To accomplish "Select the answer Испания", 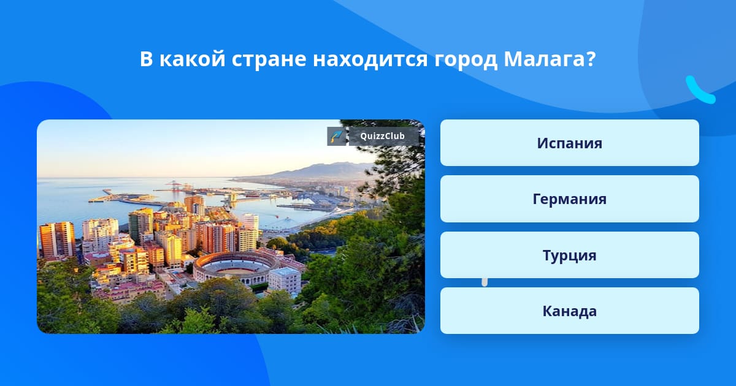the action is [x=569, y=143].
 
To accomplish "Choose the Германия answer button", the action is [x=569, y=199].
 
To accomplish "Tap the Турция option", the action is [x=569, y=255].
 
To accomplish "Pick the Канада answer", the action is [x=569, y=311].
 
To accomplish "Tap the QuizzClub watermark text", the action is [x=383, y=136].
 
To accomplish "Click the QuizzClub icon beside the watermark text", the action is [x=337, y=136].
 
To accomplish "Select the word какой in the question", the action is [x=192, y=59].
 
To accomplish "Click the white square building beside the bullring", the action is [x=285, y=280].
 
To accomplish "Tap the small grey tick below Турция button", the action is [x=485, y=282].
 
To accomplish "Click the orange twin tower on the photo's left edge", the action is [x=57, y=240].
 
